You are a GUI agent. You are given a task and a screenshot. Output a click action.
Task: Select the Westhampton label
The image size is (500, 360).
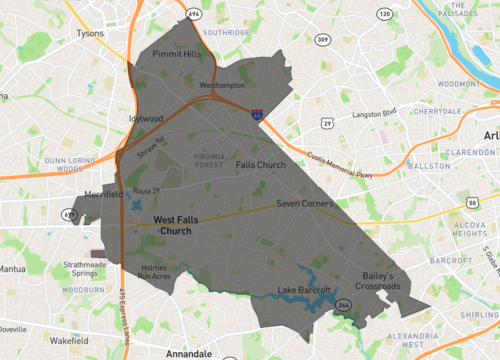pos(222,86)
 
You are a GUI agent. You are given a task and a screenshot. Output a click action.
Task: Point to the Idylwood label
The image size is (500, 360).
pos(146,117)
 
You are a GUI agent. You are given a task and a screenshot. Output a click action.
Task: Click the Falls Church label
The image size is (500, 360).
pos(261,164)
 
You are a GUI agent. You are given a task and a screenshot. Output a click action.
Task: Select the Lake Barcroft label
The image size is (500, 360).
pos(305,291)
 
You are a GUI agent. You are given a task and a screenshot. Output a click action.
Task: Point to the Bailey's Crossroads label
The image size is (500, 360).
pos(376,281)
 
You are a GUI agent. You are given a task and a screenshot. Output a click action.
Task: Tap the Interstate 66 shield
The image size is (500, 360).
pos(258,116)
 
